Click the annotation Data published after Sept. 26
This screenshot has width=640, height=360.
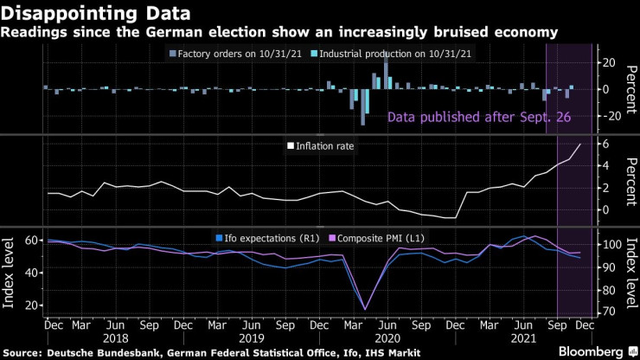[x=479, y=117]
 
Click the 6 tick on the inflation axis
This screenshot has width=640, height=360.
[x=607, y=144]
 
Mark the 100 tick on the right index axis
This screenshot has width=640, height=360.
[x=611, y=244]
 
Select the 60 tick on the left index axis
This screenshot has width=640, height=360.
[x=31, y=240]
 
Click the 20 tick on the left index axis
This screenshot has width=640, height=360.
[x=31, y=305]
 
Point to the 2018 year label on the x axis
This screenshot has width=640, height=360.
[x=116, y=339]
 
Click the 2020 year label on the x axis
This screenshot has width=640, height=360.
[x=386, y=339]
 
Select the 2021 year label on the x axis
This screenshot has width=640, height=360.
[x=521, y=339]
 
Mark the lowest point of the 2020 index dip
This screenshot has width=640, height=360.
[x=364, y=309]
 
